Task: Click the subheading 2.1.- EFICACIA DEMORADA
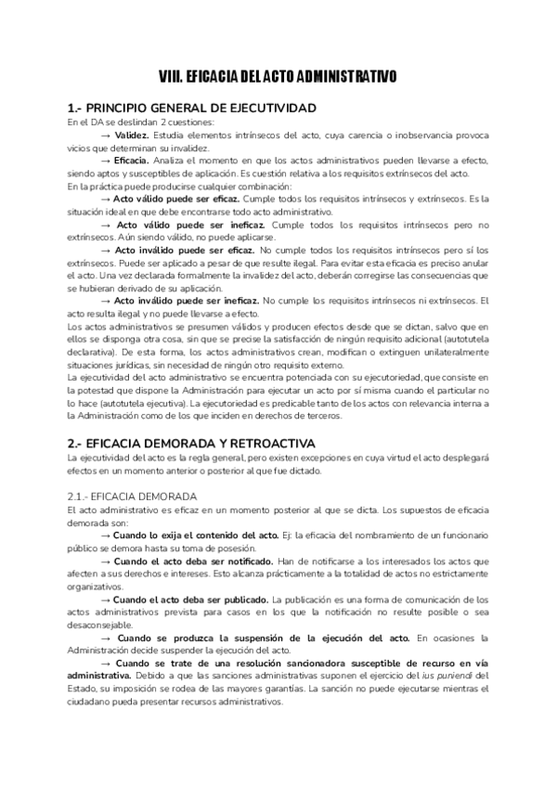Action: pos(132,497)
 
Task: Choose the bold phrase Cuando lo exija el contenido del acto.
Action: pos(180,535)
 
